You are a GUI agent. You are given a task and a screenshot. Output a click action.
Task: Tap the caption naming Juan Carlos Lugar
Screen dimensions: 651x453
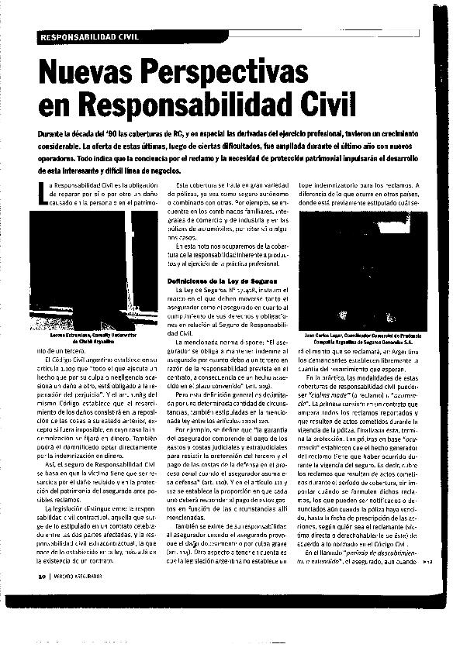point(357,338)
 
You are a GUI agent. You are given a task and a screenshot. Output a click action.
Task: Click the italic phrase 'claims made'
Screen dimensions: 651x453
point(317,393)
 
